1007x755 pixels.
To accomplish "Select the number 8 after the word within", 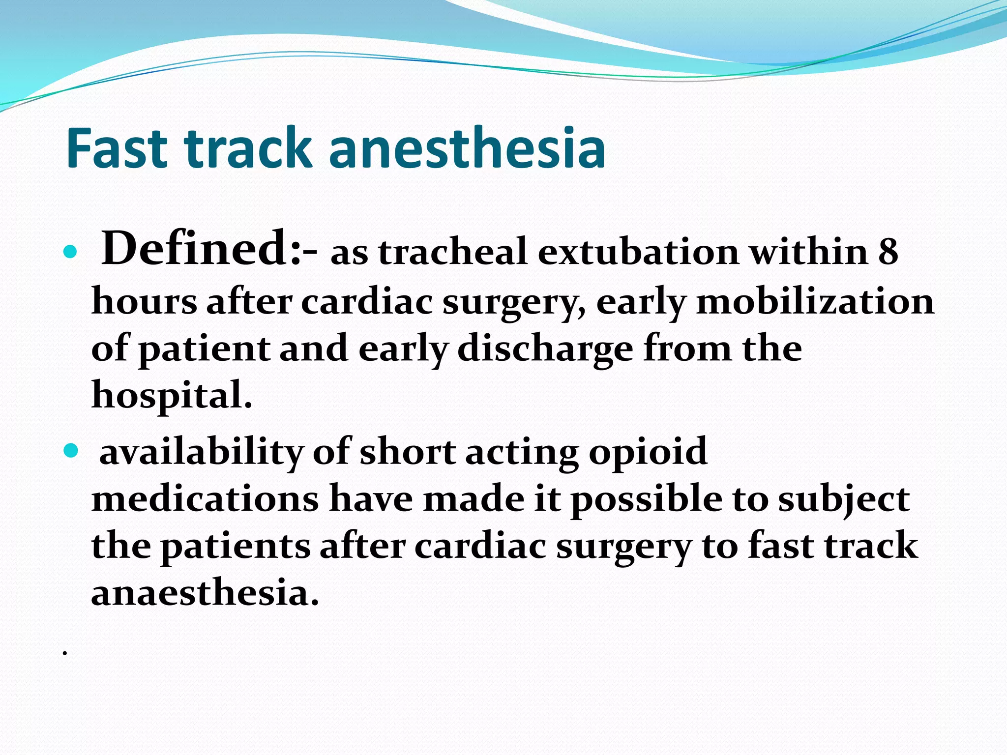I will (888, 252).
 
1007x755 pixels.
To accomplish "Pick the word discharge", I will (545, 349).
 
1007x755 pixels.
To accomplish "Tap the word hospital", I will (172, 395).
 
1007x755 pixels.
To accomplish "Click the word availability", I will (202, 452).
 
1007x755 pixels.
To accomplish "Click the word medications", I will (205, 498).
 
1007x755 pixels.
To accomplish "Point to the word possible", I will (646, 499).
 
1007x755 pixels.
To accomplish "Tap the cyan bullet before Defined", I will (71, 252).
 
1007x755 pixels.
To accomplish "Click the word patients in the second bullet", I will (236, 547).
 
